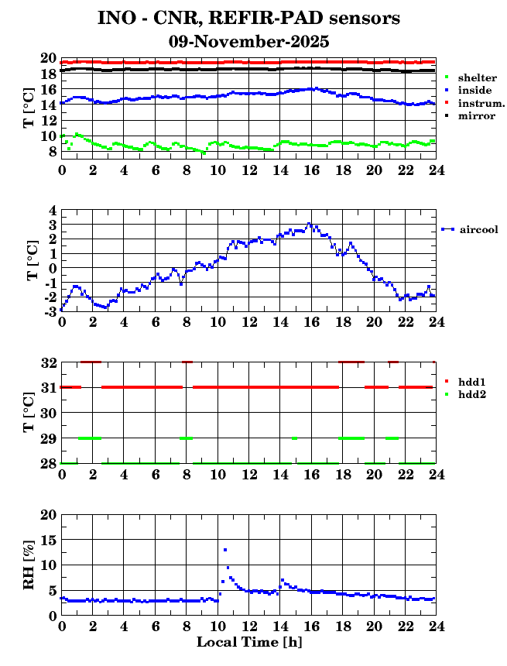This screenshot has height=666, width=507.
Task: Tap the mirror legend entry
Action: pos(476,115)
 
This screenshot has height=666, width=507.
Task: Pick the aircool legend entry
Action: pos(478,229)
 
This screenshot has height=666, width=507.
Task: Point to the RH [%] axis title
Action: pos(29,565)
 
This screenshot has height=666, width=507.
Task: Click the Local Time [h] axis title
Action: pos(248,642)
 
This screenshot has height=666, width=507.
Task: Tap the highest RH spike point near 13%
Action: pos(225,550)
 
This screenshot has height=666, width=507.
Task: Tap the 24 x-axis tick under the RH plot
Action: pos(436,627)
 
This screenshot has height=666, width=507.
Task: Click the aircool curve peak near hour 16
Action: pos(309,224)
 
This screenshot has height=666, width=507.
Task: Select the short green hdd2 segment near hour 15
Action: pos(295,438)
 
